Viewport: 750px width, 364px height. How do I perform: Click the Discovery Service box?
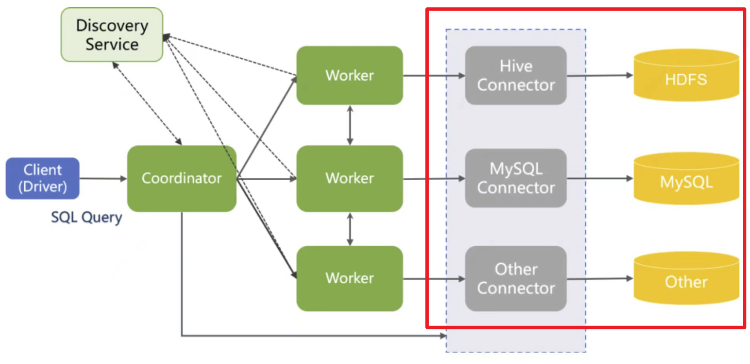tap(112, 35)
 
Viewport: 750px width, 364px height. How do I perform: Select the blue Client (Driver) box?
tap(43, 178)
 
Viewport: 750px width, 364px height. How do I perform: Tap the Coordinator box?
tap(182, 178)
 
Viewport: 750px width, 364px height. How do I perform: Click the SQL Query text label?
tap(87, 217)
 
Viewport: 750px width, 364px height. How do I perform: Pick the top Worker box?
tap(349, 75)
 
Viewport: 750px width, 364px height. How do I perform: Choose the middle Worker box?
tap(349, 178)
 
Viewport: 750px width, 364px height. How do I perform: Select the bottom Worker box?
tap(349, 278)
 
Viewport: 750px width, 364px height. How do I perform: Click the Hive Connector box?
tap(516, 75)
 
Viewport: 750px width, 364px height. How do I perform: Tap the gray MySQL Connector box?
tap(516, 178)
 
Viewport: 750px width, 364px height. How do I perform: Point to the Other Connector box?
tap(516, 278)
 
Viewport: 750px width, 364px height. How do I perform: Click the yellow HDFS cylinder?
tap(686, 77)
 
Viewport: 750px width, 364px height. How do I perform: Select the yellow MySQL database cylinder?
tap(686, 180)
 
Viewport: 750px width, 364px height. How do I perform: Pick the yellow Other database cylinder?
tap(686, 279)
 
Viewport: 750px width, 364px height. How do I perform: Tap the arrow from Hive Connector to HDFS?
tap(600, 75)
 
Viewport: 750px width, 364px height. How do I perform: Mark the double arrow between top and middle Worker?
tap(350, 125)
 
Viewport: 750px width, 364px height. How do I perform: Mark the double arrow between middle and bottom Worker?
tap(350, 229)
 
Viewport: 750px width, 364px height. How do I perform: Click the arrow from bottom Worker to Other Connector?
tap(434, 279)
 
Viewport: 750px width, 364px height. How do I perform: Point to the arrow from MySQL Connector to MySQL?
tap(600, 178)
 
